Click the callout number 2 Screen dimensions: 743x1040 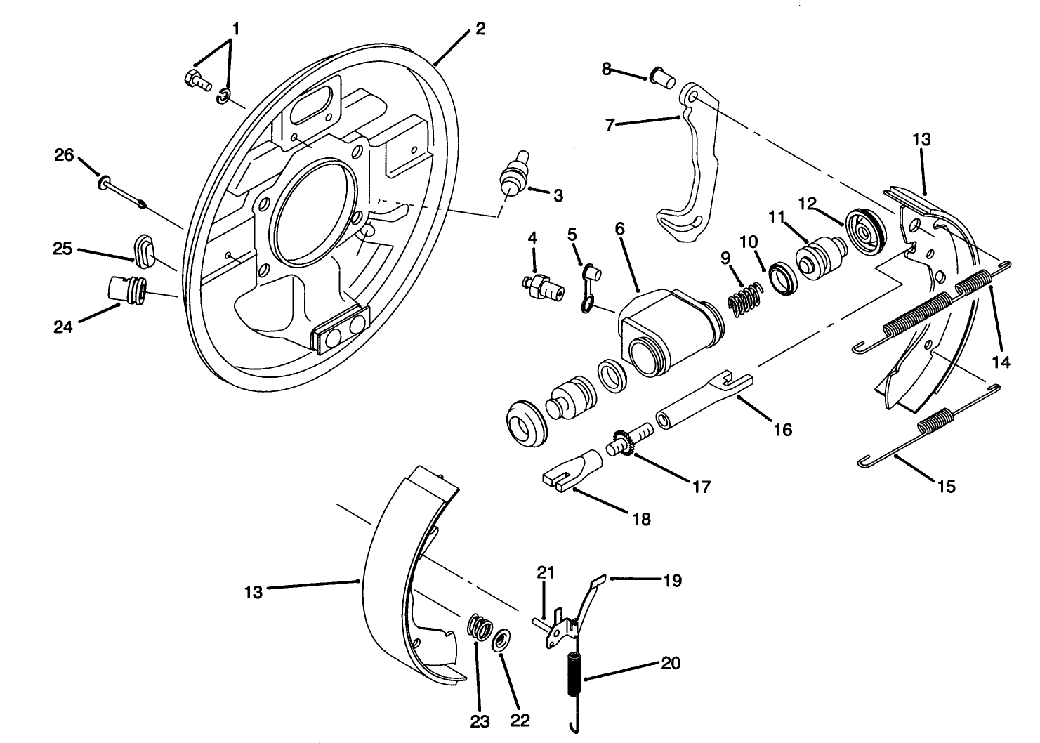click(x=480, y=29)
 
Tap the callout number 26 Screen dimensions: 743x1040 click(x=64, y=155)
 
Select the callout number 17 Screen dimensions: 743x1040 click(x=701, y=486)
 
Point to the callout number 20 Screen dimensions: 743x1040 click(x=671, y=663)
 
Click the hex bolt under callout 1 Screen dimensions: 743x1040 click(x=196, y=81)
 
